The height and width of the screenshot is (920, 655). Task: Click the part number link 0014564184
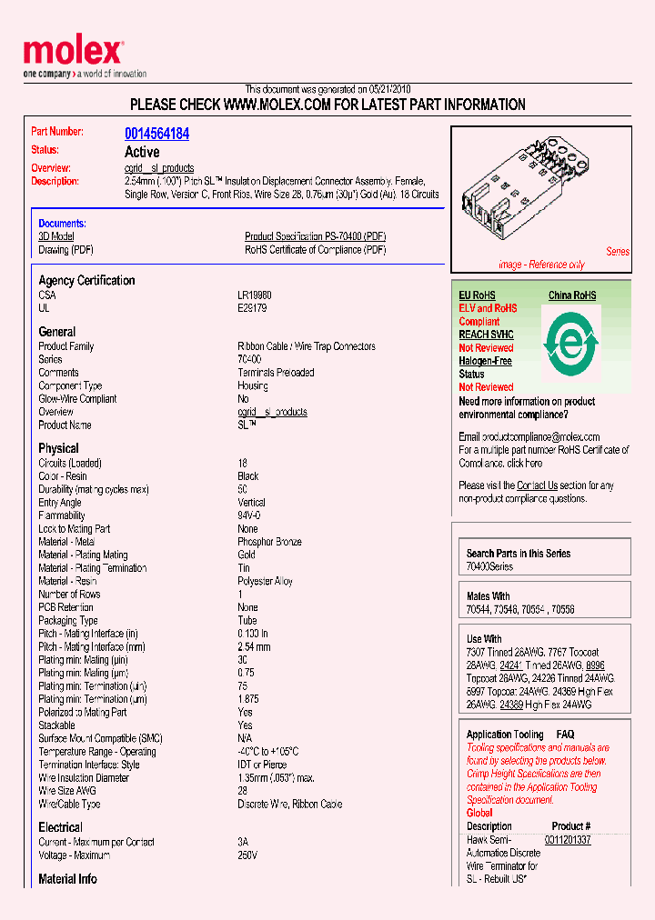156,134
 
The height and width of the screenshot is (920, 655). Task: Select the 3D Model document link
56,236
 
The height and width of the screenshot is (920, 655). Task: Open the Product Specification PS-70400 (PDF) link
315,236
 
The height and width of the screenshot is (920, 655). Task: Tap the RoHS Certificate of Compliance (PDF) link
315,250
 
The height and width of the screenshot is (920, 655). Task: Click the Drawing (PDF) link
65,250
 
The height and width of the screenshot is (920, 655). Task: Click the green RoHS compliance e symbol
570,345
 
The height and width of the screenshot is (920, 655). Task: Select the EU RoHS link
477,295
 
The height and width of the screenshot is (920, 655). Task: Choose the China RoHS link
572,295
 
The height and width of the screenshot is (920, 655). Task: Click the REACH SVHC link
486,335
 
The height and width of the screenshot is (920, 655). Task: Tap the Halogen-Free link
485,361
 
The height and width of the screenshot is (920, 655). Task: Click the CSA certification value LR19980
254,295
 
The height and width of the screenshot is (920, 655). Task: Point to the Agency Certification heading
86,281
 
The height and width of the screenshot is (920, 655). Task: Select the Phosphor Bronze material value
269,542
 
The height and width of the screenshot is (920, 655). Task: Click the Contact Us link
537,485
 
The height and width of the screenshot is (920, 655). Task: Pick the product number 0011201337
568,840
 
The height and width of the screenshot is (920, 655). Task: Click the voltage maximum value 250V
247,855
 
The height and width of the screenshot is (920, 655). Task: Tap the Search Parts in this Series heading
519,553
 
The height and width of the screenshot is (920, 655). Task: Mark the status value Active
142,152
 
